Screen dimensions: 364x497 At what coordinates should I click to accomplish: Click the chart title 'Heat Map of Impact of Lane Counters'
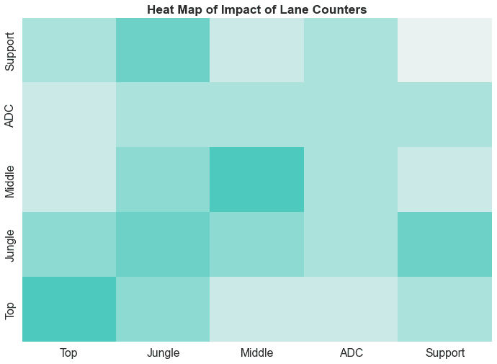pyautogui.click(x=257, y=10)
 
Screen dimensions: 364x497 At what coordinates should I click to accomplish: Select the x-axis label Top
pyautogui.click(x=69, y=353)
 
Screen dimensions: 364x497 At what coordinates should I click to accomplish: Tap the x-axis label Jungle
pyautogui.click(x=163, y=353)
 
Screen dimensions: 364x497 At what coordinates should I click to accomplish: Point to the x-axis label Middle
pyautogui.click(x=257, y=353)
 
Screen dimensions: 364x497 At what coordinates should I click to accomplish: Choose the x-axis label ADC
pyautogui.click(x=352, y=353)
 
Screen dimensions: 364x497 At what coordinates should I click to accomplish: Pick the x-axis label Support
pyautogui.click(x=445, y=353)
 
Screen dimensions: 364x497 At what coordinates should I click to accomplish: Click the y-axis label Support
pyautogui.click(x=10, y=50)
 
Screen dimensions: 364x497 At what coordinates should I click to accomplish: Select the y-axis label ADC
pyautogui.click(x=10, y=115)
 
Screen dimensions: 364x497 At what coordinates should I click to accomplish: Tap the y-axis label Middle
pyautogui.click(x=10, y=179)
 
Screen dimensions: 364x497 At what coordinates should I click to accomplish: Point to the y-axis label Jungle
pyautogui.click(x=10, y=244)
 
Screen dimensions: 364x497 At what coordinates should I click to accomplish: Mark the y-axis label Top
pyautogui.click(x=10, y=309)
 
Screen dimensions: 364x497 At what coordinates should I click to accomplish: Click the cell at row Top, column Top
pyautogui.click(x=69, y=309)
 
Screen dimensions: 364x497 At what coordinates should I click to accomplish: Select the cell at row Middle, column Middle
pyautogui.click(x=257, y=179)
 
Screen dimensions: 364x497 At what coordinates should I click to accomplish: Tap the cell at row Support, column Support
pyautogui.click(x=445, y=50)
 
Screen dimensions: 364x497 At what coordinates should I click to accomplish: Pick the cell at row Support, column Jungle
pyautogui.click(x=163, y=50)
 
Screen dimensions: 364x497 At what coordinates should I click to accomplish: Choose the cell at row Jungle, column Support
pyautogui.click(x=445, y=244)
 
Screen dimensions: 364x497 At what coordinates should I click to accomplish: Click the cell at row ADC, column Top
pyautogui.click(x=69, y=115)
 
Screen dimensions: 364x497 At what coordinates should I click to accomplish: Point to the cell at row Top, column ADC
pyautogui.click(x=352, y=309)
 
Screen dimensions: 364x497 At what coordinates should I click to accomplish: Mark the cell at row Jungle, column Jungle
pyautogui.click(x=163, y=244)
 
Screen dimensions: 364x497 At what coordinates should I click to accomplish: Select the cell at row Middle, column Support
pyautogui.click(x=445, y=179)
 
